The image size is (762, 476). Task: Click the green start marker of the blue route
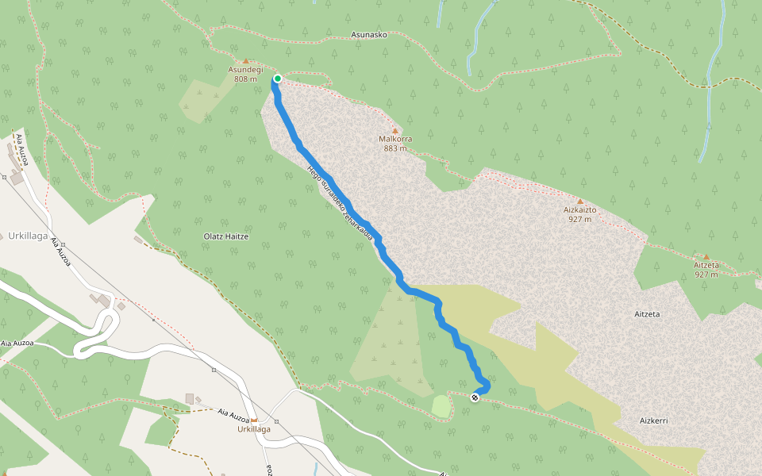tap(278, 78)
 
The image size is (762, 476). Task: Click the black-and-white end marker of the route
tap(475, 397)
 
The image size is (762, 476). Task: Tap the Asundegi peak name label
tap(245, 70)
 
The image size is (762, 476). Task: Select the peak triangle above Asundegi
tap(245, 60)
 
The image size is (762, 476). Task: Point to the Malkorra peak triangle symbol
tap(394, 130)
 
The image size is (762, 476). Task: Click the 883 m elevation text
tap(394, 148)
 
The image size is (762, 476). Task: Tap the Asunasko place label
tap(369, 36)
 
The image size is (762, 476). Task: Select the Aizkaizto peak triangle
tap(580, 202)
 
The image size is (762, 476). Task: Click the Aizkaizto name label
tap(580, 210)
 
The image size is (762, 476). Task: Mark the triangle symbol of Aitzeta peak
tap(706, 256)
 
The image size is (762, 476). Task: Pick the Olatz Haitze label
tap(226, 236)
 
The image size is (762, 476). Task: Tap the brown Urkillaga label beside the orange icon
tap(254, 429)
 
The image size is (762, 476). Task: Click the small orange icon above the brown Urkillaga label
tap(254, 420)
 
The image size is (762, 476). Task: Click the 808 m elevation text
tap(245, 79)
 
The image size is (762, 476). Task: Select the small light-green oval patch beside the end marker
tap(441, 406)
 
